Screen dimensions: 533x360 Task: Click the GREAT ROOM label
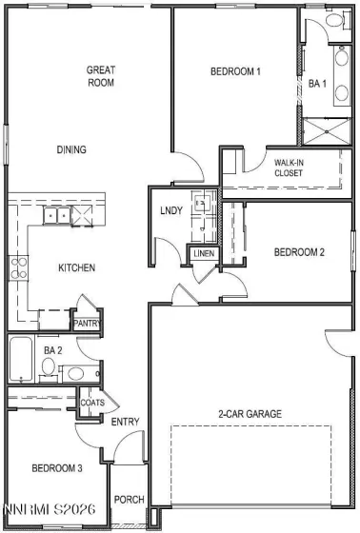click(101, 76)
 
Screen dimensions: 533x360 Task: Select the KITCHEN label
click(76, 268)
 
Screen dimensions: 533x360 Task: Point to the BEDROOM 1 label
click(236, 71)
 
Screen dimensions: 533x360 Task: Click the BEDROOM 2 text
click(300, 252)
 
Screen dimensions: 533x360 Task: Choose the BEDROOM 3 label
click(56, 468)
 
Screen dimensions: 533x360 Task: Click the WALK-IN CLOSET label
click(290, 168)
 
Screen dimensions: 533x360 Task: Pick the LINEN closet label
click(204, 254)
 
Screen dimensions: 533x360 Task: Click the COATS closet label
click(91, 403)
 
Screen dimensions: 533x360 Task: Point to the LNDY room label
click(171, 211)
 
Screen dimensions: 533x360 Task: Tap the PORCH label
click(129, 500)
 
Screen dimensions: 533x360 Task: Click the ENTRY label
click(125, 423)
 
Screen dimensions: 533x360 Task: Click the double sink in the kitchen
click(54, 216)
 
